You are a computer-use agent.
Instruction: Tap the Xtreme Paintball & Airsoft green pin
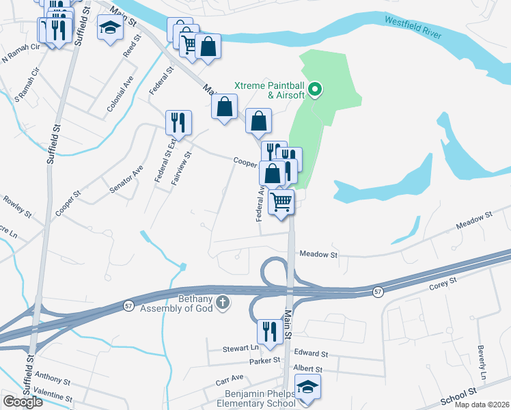315,88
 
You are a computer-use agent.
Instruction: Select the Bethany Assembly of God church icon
221,301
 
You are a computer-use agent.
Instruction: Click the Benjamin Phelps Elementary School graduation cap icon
308,387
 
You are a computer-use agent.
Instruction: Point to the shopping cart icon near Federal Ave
281,202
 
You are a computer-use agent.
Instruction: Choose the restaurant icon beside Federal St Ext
178,122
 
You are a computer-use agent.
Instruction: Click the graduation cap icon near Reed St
109,27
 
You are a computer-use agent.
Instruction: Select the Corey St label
443,282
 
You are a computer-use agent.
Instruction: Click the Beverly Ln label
482,362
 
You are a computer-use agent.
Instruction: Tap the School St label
458,397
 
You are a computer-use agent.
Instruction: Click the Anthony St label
52,377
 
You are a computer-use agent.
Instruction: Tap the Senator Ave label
127,180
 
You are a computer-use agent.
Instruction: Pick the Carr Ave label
229,378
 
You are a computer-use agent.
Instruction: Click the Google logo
23,402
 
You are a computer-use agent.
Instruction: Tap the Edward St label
311,354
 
